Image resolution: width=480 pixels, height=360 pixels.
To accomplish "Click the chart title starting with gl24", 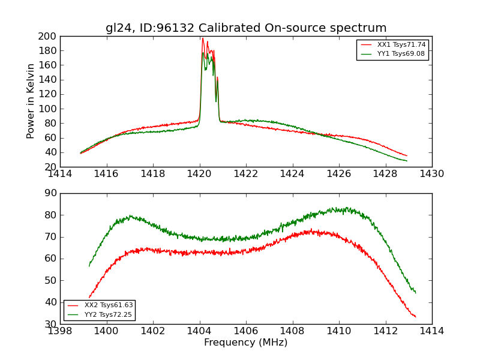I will click(x=246, y=28).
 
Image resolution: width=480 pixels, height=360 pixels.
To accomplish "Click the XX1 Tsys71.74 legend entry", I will click(x=401, y=45).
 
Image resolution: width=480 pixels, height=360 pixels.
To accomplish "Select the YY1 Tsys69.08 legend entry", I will click(x=401, y=54).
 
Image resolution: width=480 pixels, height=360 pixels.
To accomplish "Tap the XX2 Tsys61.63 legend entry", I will click(x=109, y=305).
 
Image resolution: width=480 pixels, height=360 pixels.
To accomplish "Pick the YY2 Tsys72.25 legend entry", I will click(x=109, y=314).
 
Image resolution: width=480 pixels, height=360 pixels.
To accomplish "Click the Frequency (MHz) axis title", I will click(x=246, y=343).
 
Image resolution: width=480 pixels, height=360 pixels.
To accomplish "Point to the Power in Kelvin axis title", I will click(x=31, y=101).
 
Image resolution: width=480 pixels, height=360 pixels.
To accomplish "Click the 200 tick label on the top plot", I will click(x=47, y=36).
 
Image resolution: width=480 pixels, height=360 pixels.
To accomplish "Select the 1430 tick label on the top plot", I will click(x=431, y=174).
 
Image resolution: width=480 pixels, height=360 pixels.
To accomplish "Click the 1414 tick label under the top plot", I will click(x=61, y=174).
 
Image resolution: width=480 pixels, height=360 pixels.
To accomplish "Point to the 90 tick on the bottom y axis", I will click(x=50, y=193).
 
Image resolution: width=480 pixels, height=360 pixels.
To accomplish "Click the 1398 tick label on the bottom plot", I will click(x=61, y=331).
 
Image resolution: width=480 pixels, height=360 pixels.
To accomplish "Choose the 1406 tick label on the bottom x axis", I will click(x=246, y=331).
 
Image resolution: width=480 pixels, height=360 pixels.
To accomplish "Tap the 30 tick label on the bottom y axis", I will click(x=50, y=324).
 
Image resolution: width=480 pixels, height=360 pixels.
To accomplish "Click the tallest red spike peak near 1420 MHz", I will click(x=203, y=38).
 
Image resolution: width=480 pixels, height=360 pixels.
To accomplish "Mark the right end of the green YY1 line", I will click(x=407, y=161).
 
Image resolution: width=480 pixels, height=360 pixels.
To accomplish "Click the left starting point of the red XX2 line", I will click(x=89, y=297).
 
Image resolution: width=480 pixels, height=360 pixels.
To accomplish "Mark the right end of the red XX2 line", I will click(x=416, y=317).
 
